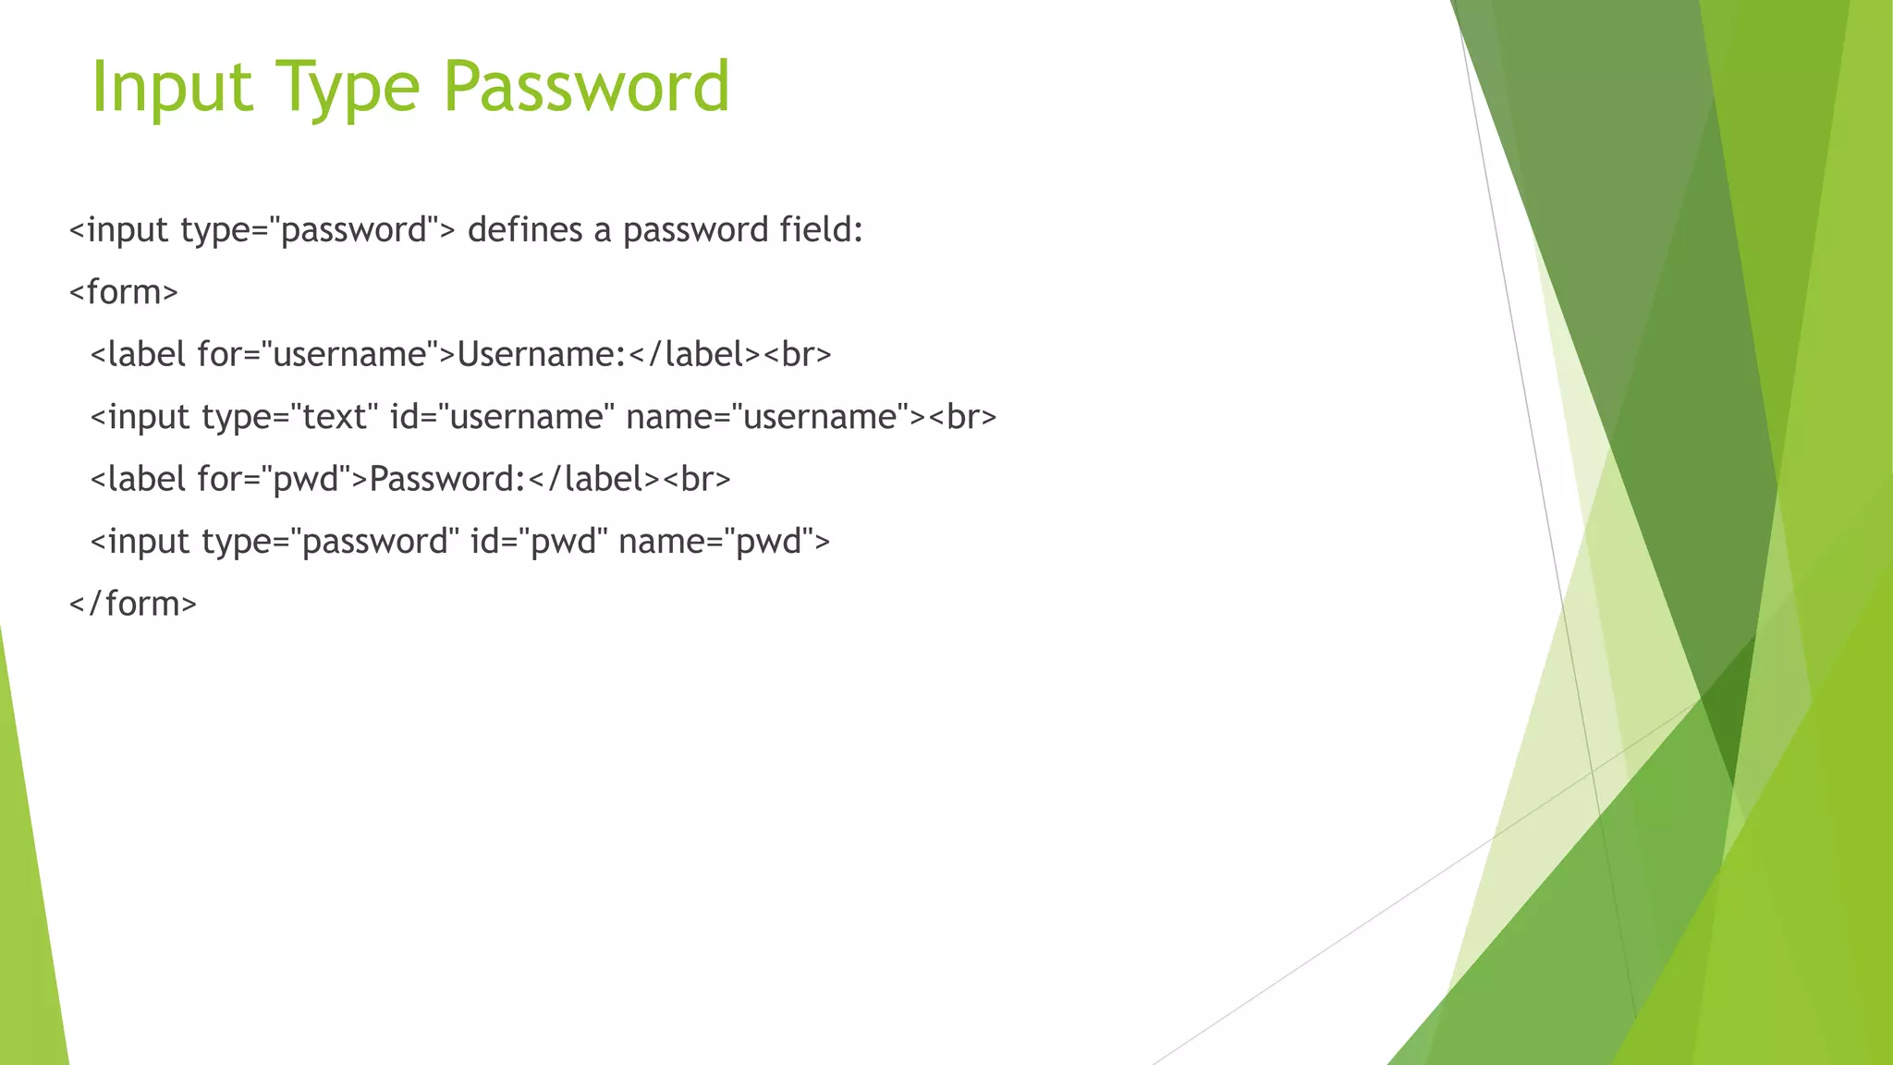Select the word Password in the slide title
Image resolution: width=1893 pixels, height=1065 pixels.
click(x=586, y=87)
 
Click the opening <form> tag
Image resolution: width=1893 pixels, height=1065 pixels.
click(x=124, y=292)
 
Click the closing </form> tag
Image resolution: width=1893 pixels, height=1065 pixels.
click(x=133, y=604)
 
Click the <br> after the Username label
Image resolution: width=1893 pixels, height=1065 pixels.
click(x=798, y=354)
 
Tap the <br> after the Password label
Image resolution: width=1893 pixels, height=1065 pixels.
click(x=697, y=479)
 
